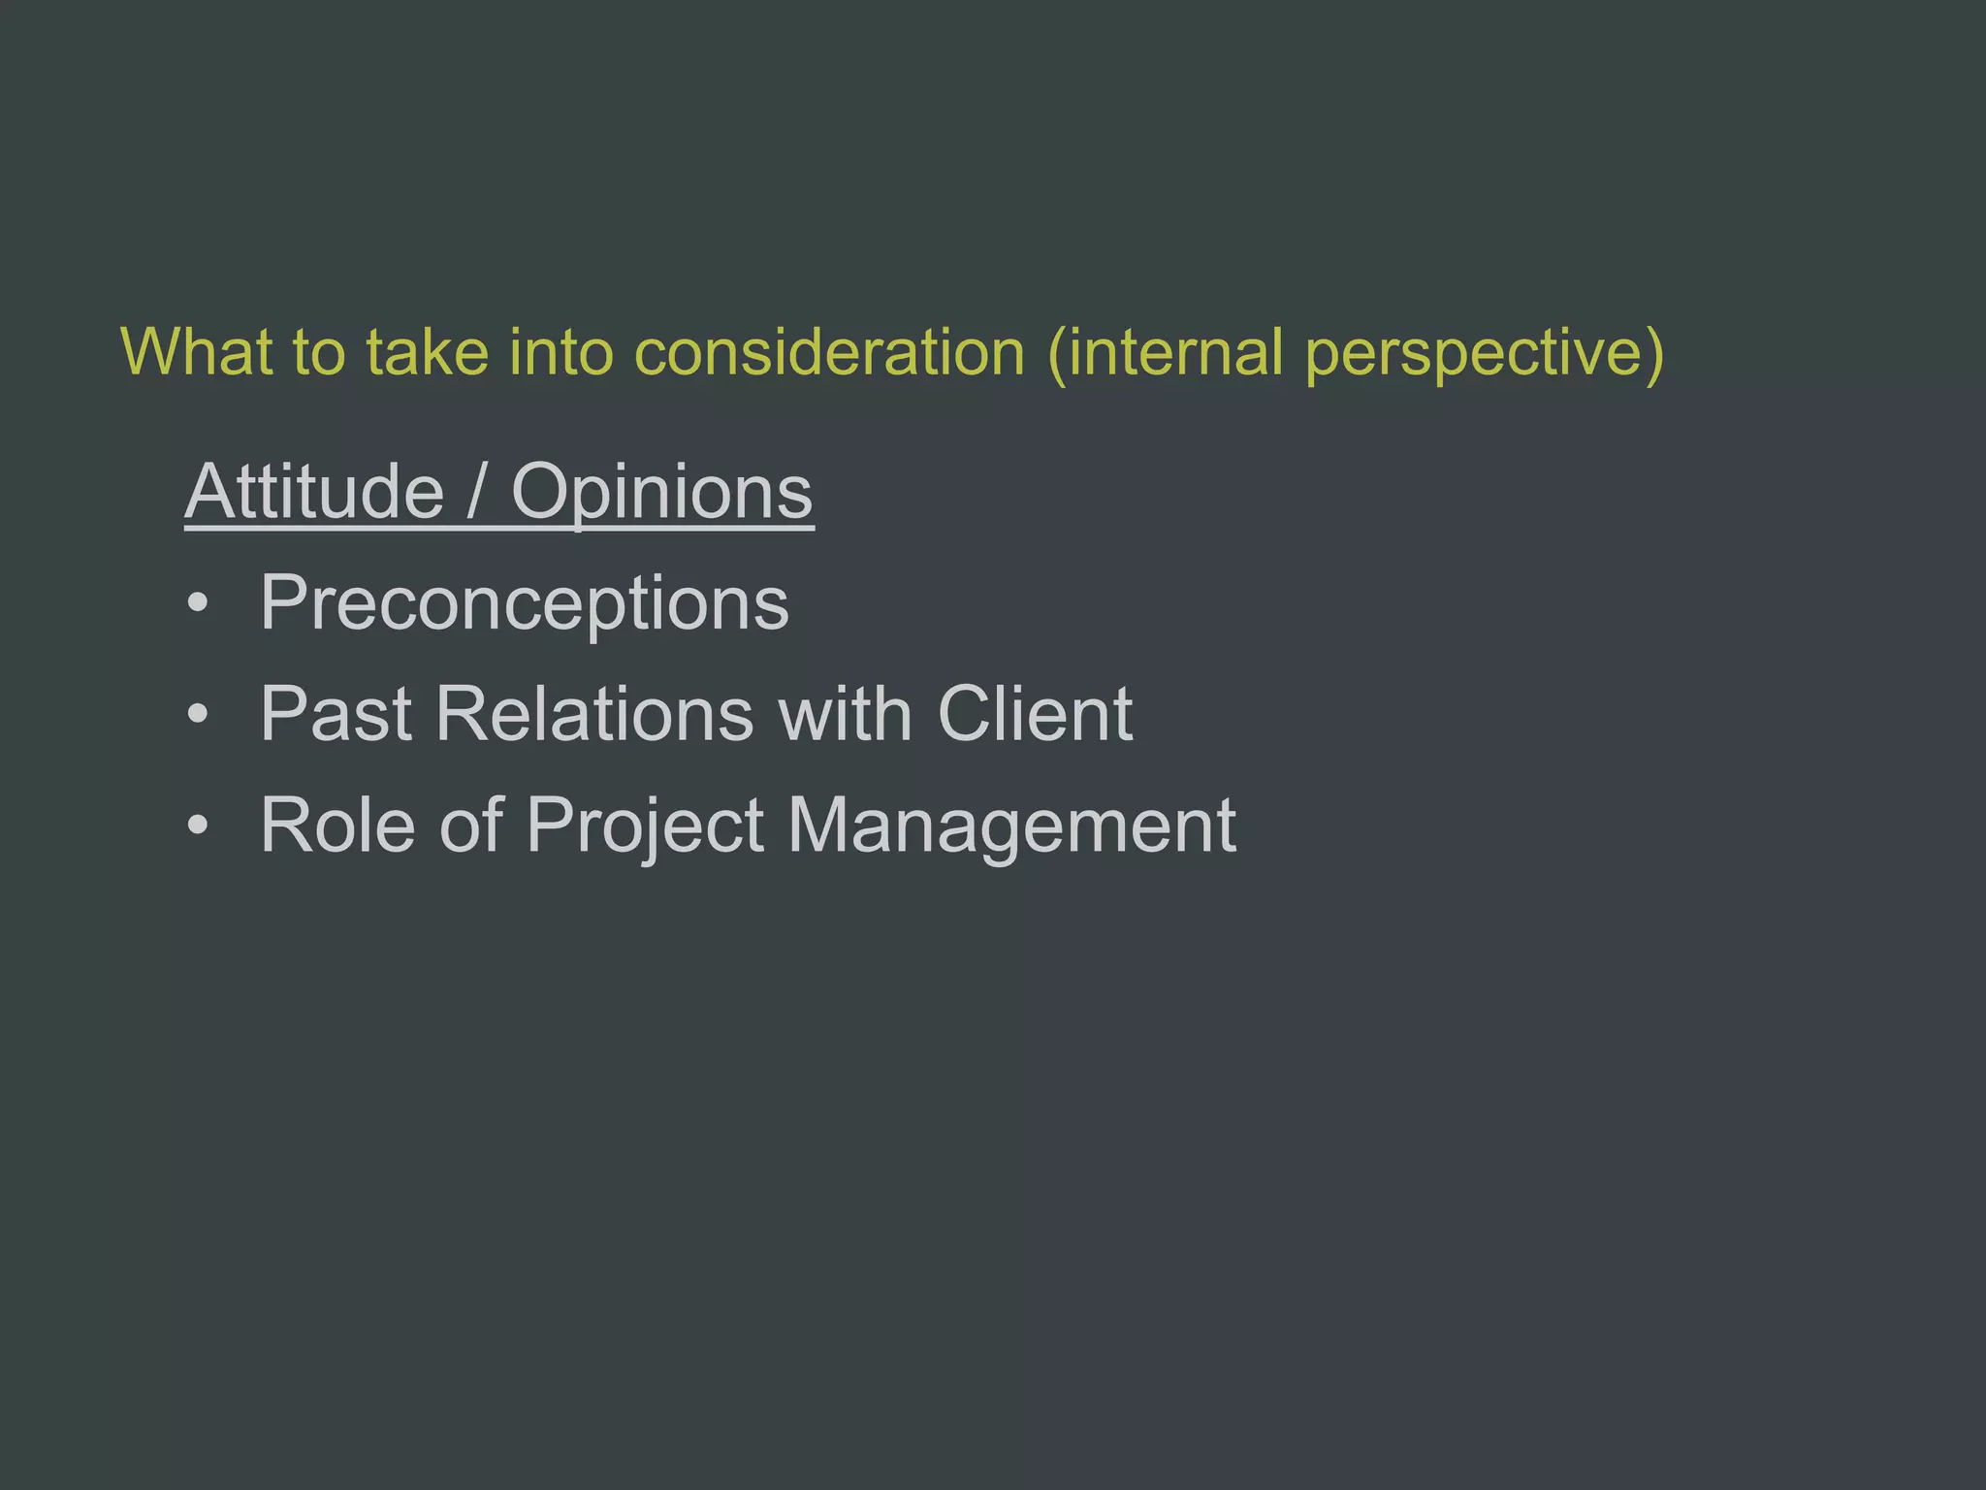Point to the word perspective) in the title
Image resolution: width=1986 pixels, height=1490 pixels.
[x=1485, y=353]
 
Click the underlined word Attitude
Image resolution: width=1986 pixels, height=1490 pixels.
[x=314, y=492]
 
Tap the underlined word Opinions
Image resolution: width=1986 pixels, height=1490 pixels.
[x=661, y=494]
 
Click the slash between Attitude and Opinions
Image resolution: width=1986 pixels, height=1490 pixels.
[x=476, y=494]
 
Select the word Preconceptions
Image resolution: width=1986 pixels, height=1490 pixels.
[x=525, y=604]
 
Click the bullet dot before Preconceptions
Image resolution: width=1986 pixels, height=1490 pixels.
[x=198, y=604]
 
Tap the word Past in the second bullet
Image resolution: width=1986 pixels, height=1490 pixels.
[x=336, y=714]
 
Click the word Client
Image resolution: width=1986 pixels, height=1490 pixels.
[x=1035, y=714]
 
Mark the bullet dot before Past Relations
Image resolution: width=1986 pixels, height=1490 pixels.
[x=198, y=715]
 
